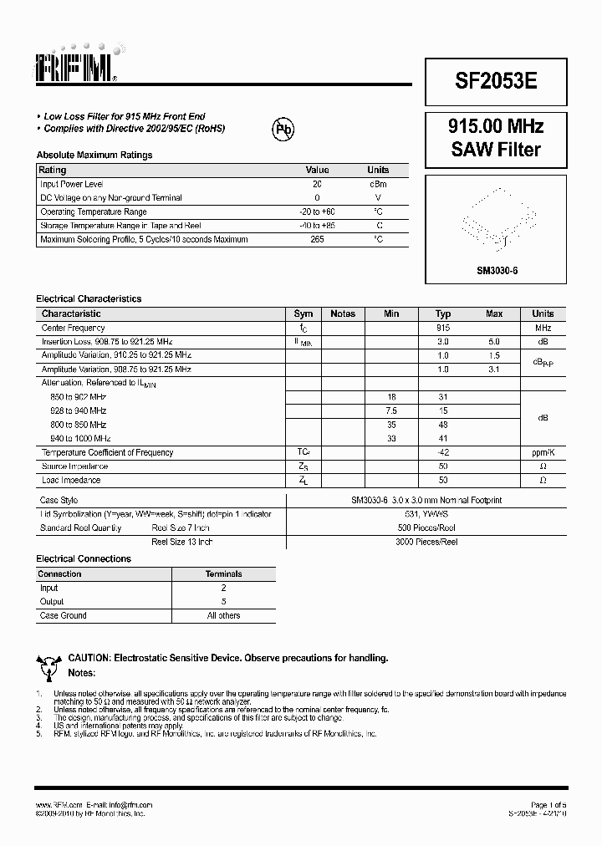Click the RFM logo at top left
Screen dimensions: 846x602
coord(79,65)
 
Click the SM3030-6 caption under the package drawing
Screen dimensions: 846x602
coord(497,272)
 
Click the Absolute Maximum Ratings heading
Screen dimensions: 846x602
coord(94,155)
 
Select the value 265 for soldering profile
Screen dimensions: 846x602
coord(317,240)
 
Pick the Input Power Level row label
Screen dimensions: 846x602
coord(72,184)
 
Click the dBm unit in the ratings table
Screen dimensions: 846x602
coord(378,184)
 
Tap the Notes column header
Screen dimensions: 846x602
coord(343,314)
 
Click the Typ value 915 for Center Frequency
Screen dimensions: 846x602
coord(443,329)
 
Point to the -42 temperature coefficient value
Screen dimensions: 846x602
coord(443,453)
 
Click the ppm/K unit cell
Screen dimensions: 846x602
coord(543,453)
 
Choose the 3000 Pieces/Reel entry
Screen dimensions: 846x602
coord(426,542)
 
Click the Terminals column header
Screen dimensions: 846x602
coord(223,574)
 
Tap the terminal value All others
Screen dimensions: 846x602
coord(223,616)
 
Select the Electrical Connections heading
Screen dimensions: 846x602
coord(84,558)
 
